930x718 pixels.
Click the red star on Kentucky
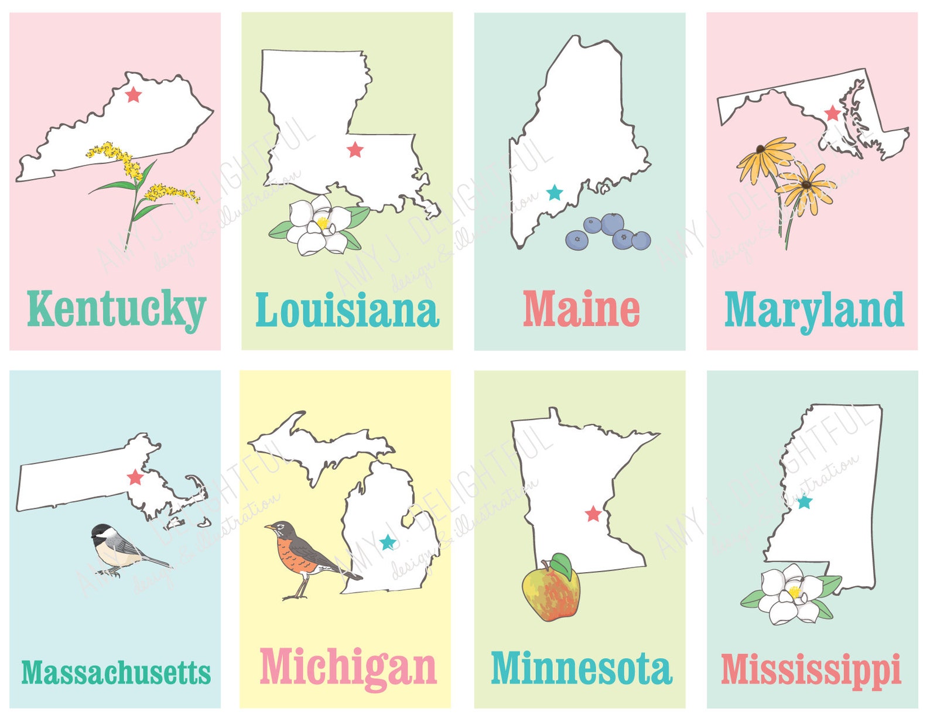tap(134, 94)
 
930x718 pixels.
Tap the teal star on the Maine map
tap(554, 193)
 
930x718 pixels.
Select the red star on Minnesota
tap(593, 514)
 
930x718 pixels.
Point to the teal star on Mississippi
tap(805, 502)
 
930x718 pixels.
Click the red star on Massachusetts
tap(135, 477)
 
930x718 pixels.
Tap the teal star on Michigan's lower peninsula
tap(388, 542)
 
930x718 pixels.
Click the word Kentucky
tap(116, 309)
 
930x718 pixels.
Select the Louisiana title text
tap(347, 310)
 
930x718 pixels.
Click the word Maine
tap(581, 309)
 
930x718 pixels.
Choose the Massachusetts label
tap(116, 672)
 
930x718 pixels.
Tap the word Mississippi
tap(811, 669)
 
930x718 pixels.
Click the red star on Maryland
tap(832, 113)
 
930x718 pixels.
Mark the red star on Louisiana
tap(355, 150)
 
